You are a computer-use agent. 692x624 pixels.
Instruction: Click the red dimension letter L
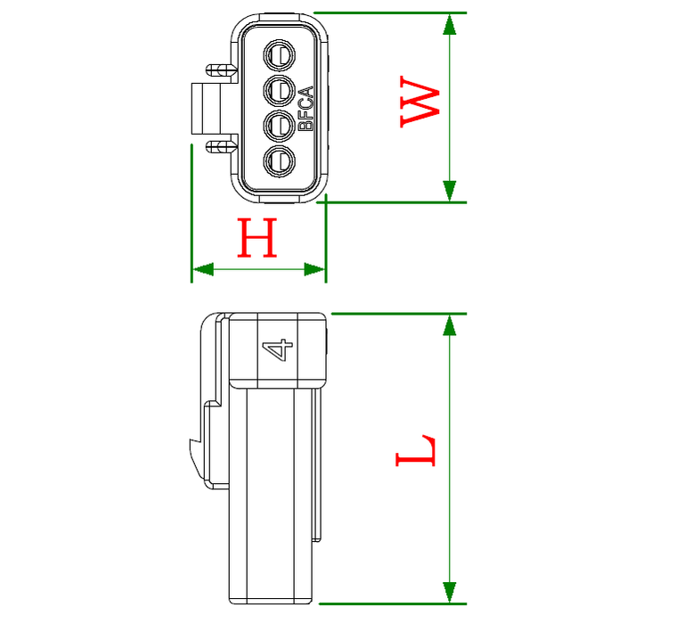coord(416,452)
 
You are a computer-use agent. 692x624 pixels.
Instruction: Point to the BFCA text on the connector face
coord(305,108)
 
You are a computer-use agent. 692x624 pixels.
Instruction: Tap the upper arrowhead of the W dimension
coord(451,24)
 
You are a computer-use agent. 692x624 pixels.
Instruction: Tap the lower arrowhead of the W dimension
coord(451,191)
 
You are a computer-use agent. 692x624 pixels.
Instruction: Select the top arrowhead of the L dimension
coord(451,325)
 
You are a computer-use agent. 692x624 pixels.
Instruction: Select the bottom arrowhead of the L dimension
coord(451,591)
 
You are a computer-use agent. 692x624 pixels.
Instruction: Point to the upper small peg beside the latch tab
coord(217,70)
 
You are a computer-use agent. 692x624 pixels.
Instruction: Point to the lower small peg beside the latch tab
coord(217,144)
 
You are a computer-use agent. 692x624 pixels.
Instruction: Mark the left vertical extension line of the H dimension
coord(192,214)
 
